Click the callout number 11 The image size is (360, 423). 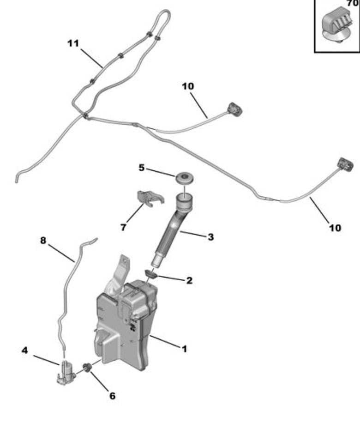point(73,43)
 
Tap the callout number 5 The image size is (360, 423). point(142,168)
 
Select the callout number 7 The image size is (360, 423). point(123,227)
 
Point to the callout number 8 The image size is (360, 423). point(43,240)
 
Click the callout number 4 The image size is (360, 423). point(24,350)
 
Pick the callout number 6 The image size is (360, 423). point(113,396)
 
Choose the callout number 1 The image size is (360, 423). point(185,349)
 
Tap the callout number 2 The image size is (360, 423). point(190,281)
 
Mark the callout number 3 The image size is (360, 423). point(211,237)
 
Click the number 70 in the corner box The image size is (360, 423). point(353,3)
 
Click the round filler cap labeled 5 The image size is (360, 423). point(185,177)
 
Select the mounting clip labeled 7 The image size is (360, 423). point(150,198)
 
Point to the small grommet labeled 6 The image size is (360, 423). point(87,368)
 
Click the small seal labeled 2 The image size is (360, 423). point(151,274)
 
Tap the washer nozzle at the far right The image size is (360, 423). point(345,164)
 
